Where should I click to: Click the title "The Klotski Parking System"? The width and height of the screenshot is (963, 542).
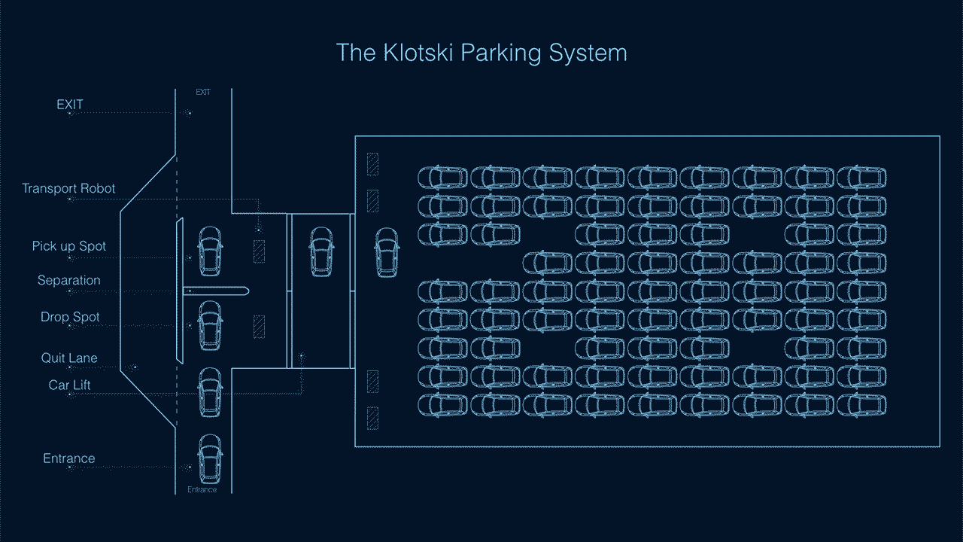[x=481, y=53]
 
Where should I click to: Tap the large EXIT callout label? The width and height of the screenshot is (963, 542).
[x=70, y=105]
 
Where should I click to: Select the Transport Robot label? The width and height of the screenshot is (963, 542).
[x=68, y=188]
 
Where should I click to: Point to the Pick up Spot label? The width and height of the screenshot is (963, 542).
[x=69, y=246]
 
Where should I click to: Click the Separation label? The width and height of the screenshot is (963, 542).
[x=69, y=280]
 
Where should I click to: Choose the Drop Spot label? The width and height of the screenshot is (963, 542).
[x=70, y=317]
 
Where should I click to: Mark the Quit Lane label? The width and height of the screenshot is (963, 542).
[x=69, y=358]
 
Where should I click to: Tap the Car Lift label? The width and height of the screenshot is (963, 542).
[x=70, y=385]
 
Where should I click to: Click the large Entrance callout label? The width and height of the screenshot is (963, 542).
[x=69, y=458]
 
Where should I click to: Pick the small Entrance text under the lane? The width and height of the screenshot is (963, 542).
[x=202, y=490]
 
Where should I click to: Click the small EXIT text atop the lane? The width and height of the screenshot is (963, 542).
[x=203, y=92]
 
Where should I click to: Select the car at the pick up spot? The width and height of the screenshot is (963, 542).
[x=210, y=251]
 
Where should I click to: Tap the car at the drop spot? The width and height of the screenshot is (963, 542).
[x=210, y=326]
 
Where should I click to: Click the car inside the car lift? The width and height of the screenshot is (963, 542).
[x=321, y=251]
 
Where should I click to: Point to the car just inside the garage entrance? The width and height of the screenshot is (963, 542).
[x=387, y=251]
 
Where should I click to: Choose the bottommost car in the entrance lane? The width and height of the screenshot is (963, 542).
[x=210, y=458]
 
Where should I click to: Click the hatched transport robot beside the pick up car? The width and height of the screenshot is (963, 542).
[x=259, y=251]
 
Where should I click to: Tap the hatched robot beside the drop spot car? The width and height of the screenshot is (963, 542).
[x=259, y=327]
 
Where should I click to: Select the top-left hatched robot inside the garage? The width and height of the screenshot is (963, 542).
[x=372, y=164]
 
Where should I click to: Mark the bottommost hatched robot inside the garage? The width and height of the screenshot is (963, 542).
[x=372, y=418]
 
